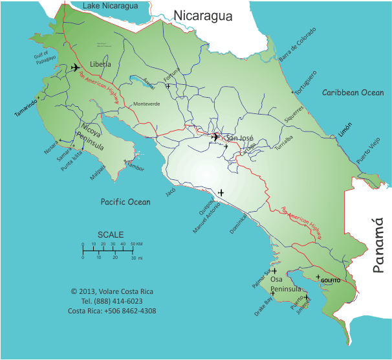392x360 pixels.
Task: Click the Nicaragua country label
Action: click(x=202, y=16)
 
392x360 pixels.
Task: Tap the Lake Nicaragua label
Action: click(x=111, y=6)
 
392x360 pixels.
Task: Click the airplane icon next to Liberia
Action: click(x=75, y=67)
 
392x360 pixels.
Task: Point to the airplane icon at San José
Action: click(x=215, y=137)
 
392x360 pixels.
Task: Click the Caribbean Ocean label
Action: click(x=353, y=93)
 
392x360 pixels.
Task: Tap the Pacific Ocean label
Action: click(x=125, y=202)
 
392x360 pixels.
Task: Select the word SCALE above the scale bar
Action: click(x=110, y=234)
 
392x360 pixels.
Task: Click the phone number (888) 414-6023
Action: click(x=112, y=301)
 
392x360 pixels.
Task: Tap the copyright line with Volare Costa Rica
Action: click(x=112, y=291)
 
